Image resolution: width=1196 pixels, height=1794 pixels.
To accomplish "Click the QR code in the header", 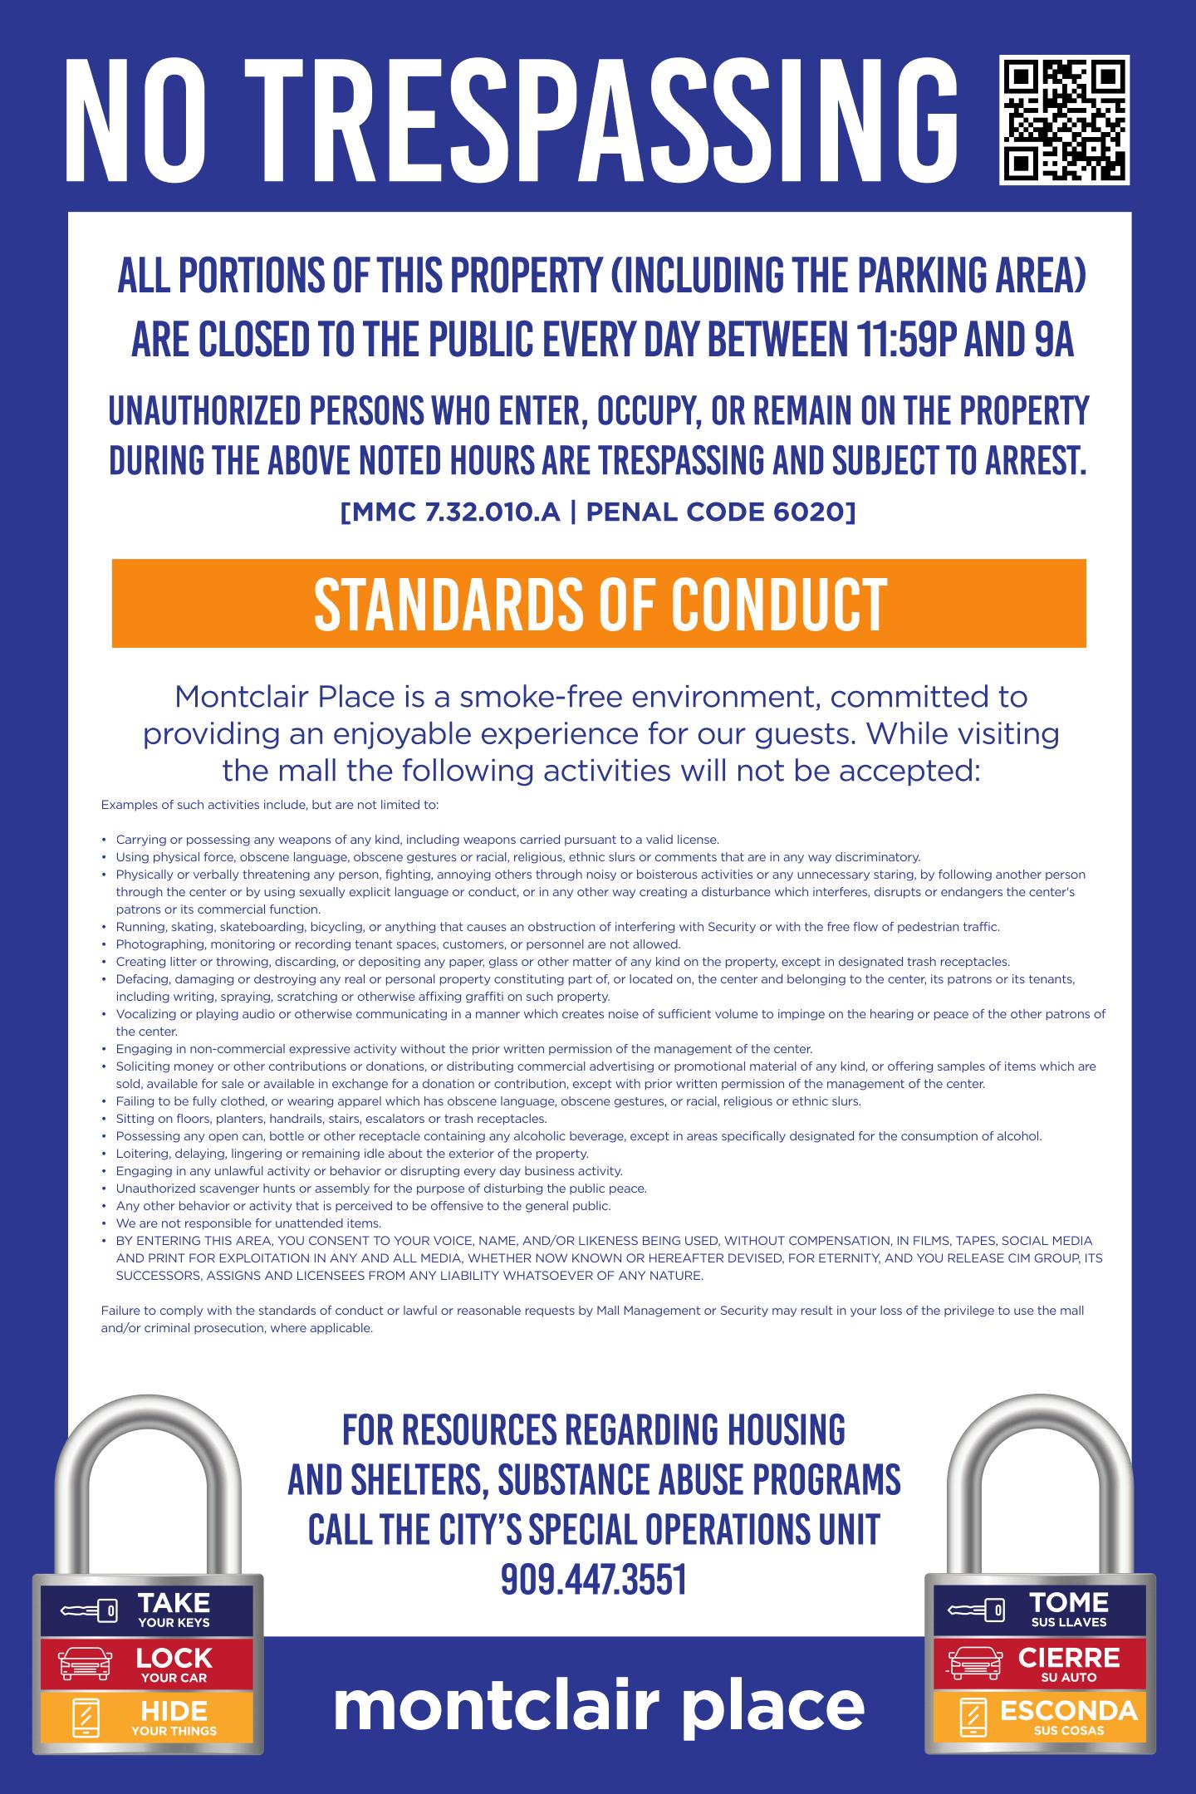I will point(1064,120).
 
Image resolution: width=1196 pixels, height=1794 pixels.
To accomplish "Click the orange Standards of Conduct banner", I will point(599,604).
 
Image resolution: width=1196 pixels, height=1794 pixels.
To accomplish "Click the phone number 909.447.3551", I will point(594,1579).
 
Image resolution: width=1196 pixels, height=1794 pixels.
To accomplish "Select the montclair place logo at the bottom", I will point(599,1705).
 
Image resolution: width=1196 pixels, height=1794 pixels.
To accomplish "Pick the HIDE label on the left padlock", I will point(174,1710).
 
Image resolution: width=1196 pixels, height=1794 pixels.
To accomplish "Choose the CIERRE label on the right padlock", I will point(1068,1658).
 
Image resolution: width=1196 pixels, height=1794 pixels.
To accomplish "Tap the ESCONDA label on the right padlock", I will point(1068,1710).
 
